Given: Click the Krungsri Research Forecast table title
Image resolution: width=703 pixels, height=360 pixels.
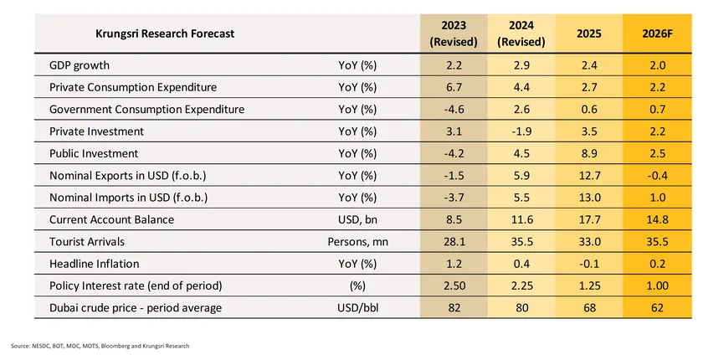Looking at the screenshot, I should click(x=165, y=33).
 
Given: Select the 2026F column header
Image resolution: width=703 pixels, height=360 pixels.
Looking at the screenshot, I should click(x=655, y=33).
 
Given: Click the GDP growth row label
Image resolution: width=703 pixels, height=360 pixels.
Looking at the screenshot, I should click(x=80, y=65).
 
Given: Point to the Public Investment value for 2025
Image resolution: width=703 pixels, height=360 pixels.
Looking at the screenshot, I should click(x=588, y=153).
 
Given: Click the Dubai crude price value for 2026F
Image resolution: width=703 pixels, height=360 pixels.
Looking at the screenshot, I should click(x=655, y=308).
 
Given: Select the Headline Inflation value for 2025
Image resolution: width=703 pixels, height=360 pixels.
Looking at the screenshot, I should click(x=588, y=264).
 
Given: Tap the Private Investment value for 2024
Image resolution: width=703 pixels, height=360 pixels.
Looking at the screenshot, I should click(x=521, y=131).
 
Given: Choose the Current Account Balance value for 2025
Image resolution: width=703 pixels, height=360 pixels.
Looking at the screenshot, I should click(x=588, y=219).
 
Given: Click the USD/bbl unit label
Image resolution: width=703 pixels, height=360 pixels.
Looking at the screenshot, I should click(x=357, y=308).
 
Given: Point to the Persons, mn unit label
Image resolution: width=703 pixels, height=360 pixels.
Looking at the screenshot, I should click(x=357, y=242).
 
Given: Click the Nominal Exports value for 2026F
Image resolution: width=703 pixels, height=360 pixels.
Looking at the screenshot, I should click(x=655, y=176).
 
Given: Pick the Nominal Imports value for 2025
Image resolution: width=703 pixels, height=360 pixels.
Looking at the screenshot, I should click(x=588, y=198).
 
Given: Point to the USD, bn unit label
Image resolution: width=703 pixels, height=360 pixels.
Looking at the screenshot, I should click(x=357, y=219).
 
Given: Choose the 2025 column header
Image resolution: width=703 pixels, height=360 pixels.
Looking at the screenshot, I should click(x=588, y=33).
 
